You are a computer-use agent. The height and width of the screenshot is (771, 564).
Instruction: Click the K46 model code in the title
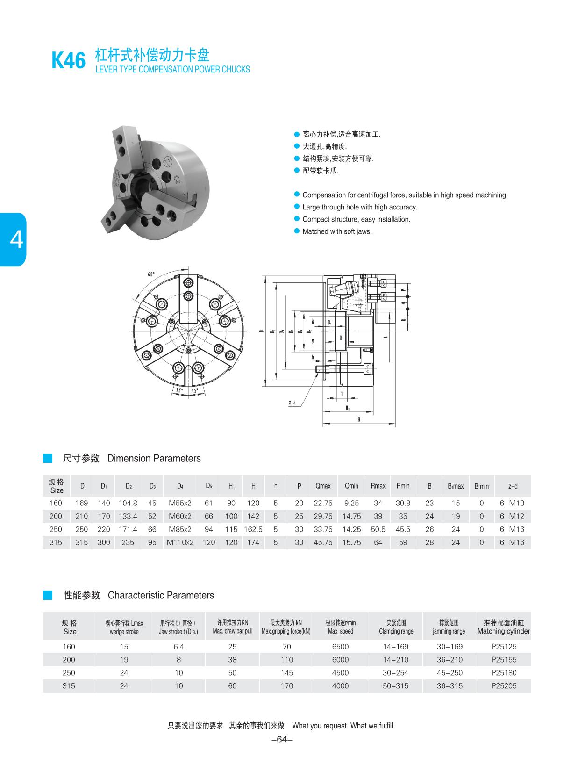69,61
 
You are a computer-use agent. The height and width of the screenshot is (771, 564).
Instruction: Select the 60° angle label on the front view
151,274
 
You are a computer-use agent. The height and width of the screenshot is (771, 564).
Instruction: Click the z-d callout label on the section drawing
292,403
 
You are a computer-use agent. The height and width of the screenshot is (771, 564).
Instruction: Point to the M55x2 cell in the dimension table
180,503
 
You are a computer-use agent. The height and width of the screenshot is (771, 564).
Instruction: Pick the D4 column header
180,486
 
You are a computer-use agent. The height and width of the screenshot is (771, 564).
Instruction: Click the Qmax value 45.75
323,542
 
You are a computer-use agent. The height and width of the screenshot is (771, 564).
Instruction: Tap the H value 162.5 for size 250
253,529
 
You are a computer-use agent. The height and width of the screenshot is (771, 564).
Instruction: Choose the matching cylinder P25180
504,673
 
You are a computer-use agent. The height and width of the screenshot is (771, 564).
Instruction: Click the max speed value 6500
340,647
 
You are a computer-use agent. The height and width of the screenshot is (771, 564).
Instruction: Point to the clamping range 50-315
395,686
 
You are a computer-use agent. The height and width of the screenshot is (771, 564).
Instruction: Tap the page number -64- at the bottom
282,740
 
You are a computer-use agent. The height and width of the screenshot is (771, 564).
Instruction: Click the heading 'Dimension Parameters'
154,459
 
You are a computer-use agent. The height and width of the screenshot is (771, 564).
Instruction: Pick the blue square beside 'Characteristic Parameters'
48,595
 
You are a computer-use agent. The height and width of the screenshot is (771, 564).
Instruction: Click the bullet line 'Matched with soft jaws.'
337,231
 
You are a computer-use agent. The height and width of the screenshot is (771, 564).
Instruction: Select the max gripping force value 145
287,673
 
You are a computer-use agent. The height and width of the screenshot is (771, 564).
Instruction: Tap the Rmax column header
378,486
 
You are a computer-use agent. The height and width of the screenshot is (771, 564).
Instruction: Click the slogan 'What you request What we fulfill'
343,726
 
